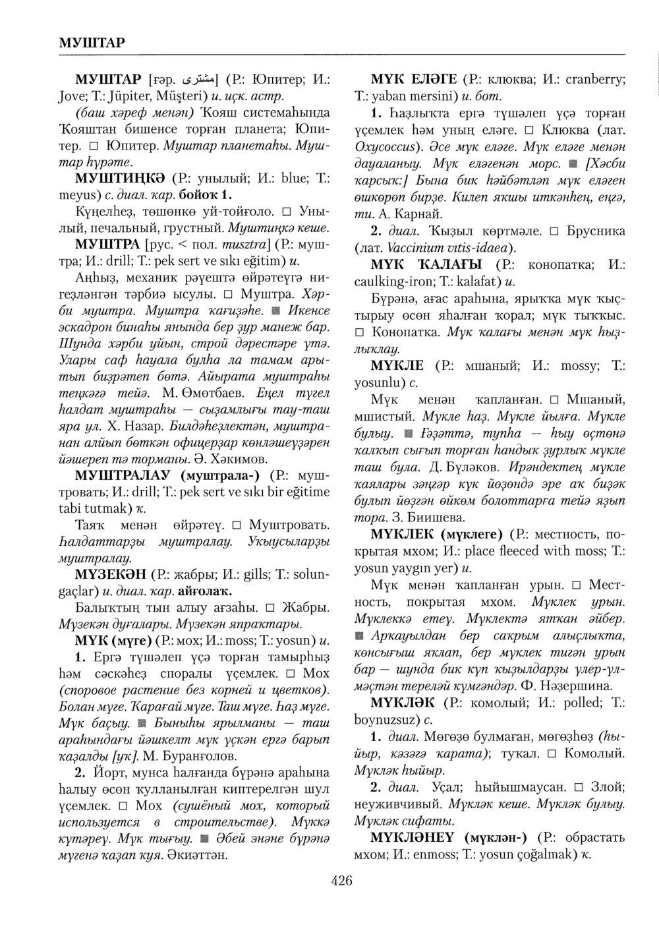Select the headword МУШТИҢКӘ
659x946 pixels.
119,179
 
